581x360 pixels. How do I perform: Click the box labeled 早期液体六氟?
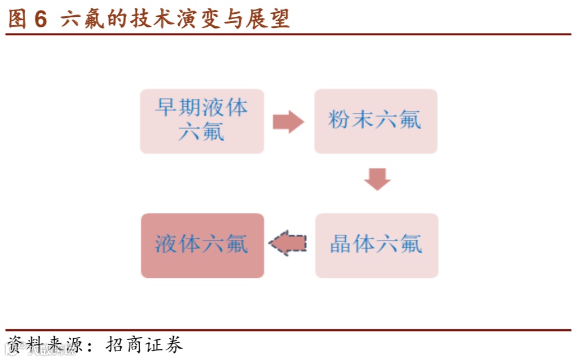coord(202,121)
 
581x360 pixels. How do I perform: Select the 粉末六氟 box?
coord(375,121)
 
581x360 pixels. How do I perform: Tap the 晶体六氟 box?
coord(377,245)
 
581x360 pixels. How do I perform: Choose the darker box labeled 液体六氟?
coord(202,245)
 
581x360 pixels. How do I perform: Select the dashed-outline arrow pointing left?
coord(288,243)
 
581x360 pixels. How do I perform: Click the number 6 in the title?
coord(40,19)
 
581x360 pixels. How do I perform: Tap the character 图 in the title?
coord(17,19)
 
